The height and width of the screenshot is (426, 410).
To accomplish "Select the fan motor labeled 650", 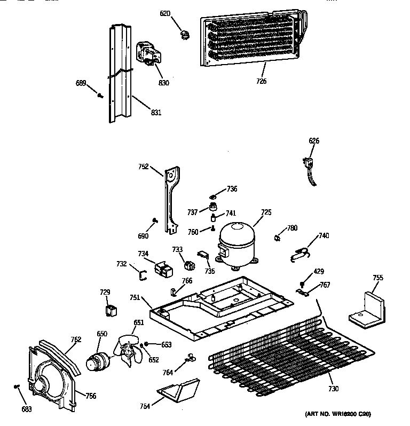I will [x=98, y=360].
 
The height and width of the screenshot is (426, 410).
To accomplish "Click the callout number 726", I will [x=261, y=81].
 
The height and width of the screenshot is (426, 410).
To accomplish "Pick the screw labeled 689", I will [x=100, y=95].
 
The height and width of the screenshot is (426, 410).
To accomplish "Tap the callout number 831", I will [x=156, y=112].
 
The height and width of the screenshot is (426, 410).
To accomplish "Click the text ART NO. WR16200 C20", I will [x=338, y=414].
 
